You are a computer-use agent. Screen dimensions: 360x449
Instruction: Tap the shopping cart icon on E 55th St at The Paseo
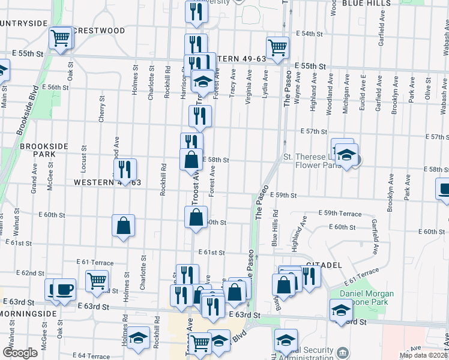pyautogui.click(x=277, y=47)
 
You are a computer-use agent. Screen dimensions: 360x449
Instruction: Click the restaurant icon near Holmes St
pyautogui.click(x=125, y=170)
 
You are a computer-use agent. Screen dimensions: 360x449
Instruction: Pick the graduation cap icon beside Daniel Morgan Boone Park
pyautogui.click(x=341, y=310)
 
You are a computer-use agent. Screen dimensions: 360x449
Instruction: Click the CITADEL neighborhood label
pyautogui.click(x=324, y=264)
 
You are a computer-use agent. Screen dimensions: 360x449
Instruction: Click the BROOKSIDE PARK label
pyautogui.click(x=38, y=150)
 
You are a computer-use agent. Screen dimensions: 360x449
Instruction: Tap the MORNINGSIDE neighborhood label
pyautogui.click(x=28, y=314)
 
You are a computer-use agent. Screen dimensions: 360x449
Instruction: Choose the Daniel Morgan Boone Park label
pyautogui.click(x=367, y=298)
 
